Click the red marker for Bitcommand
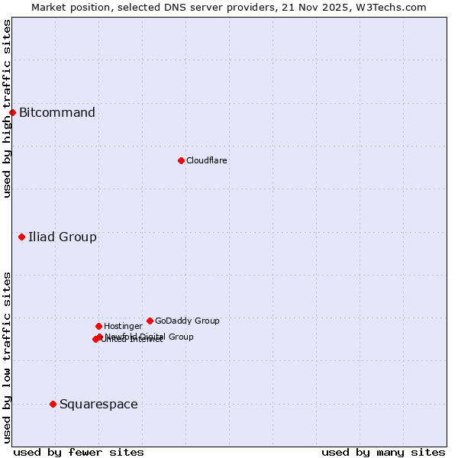12,113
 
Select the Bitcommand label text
57,113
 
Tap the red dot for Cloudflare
181,160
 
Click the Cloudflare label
207,160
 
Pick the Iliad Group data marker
22,237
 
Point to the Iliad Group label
63,237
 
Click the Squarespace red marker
53,404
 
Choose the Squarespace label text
98,404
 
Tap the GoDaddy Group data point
150,321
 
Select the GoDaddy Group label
187,321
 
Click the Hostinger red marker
98,326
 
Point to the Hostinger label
123,326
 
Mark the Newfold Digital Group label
150,336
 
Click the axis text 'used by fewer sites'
79,452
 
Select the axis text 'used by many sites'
383,452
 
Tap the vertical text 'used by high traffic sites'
7,108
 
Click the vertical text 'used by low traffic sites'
7,356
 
